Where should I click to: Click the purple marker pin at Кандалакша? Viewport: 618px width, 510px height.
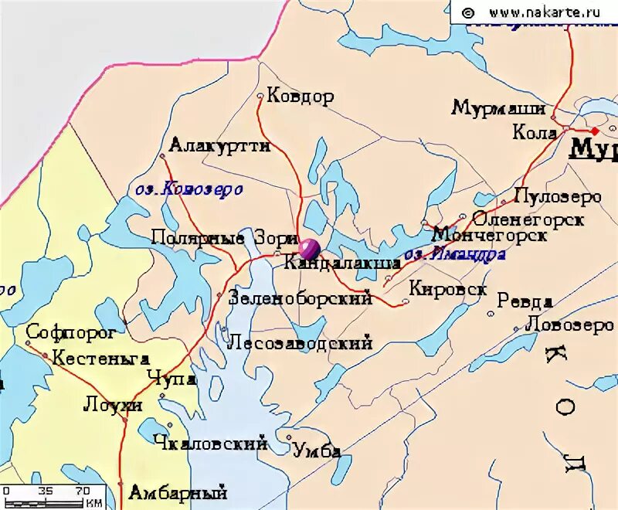(x=309, y=249)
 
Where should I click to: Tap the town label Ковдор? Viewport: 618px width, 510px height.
(x=300, y=97)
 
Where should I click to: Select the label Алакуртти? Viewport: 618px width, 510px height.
(x=219, y=145)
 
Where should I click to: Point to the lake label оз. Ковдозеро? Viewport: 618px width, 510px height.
(x=189, y=189)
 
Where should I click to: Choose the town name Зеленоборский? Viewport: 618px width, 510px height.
(x=301, y=298)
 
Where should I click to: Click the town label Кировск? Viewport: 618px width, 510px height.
(x=448, y=288)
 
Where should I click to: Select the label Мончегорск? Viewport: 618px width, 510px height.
(x=490, y=234)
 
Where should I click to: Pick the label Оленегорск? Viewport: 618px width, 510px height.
(x=528, y=219)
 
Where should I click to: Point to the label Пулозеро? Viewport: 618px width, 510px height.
(x=557, y=196)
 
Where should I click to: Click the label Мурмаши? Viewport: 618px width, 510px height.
(x=498, y=108)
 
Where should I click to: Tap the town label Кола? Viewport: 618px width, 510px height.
(x=535, y=133)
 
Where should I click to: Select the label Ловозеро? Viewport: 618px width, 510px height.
(x=569, y=325)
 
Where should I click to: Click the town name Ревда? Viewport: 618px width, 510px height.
(x=525, y=301)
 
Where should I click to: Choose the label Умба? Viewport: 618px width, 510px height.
(x=317, y=451)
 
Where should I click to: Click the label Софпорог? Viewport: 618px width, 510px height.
(x=71, y=333)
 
